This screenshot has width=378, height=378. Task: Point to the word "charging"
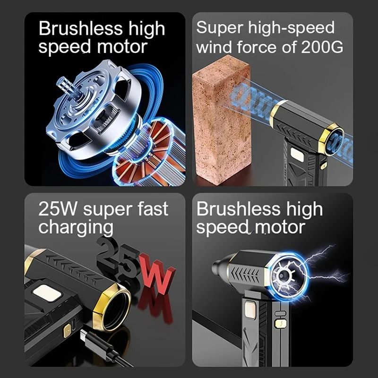pos(76,228)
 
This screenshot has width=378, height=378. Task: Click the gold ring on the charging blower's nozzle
pos(112,307)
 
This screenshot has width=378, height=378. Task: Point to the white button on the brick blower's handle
pos(297,154)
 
